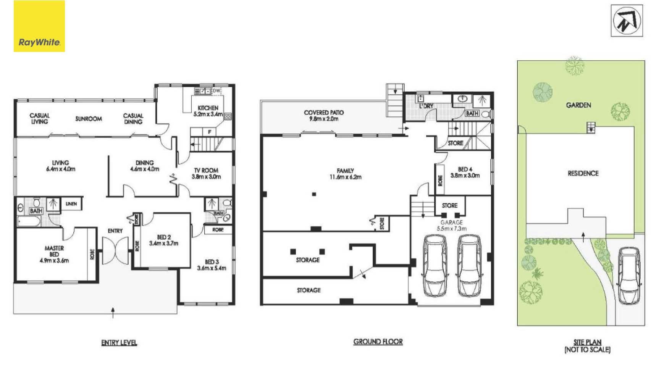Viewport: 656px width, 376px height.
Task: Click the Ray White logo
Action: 39,26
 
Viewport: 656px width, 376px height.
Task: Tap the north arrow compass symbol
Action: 627,21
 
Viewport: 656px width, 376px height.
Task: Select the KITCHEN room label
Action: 208,108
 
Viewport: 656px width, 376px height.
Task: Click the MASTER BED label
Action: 54,251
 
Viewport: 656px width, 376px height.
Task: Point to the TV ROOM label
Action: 206,170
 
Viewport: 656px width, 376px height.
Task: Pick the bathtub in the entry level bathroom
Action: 29,221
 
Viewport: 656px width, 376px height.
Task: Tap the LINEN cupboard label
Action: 71,204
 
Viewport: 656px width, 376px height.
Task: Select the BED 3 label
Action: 212,262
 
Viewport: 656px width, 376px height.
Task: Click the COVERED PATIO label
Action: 324,113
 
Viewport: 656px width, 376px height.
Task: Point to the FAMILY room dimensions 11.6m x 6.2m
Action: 345,177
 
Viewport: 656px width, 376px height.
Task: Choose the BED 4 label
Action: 465,169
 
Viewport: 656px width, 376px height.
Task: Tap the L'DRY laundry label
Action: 426,106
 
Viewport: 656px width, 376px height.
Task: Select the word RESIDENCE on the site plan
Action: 583,173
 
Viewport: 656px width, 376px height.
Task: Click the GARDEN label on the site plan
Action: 578,105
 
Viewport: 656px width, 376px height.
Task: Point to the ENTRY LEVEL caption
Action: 119,343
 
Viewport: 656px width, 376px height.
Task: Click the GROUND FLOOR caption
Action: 378,342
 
